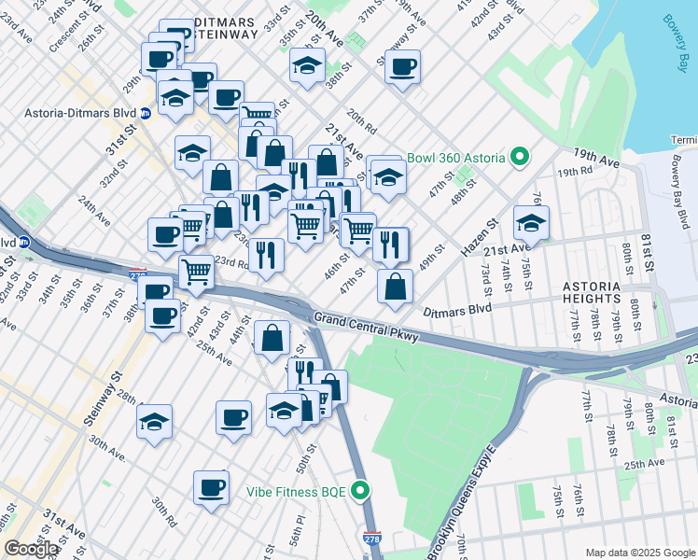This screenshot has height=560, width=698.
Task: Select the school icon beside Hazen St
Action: click(531, 222)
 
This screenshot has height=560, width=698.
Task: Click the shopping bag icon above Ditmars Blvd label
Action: click(396, 286)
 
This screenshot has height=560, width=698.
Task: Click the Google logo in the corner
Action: click(30, 549)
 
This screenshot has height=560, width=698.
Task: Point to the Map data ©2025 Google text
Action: click(639, 553)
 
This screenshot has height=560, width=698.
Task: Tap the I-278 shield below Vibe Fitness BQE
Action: click(371, 539)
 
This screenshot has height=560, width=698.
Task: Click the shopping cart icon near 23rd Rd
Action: click(196, 272)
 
